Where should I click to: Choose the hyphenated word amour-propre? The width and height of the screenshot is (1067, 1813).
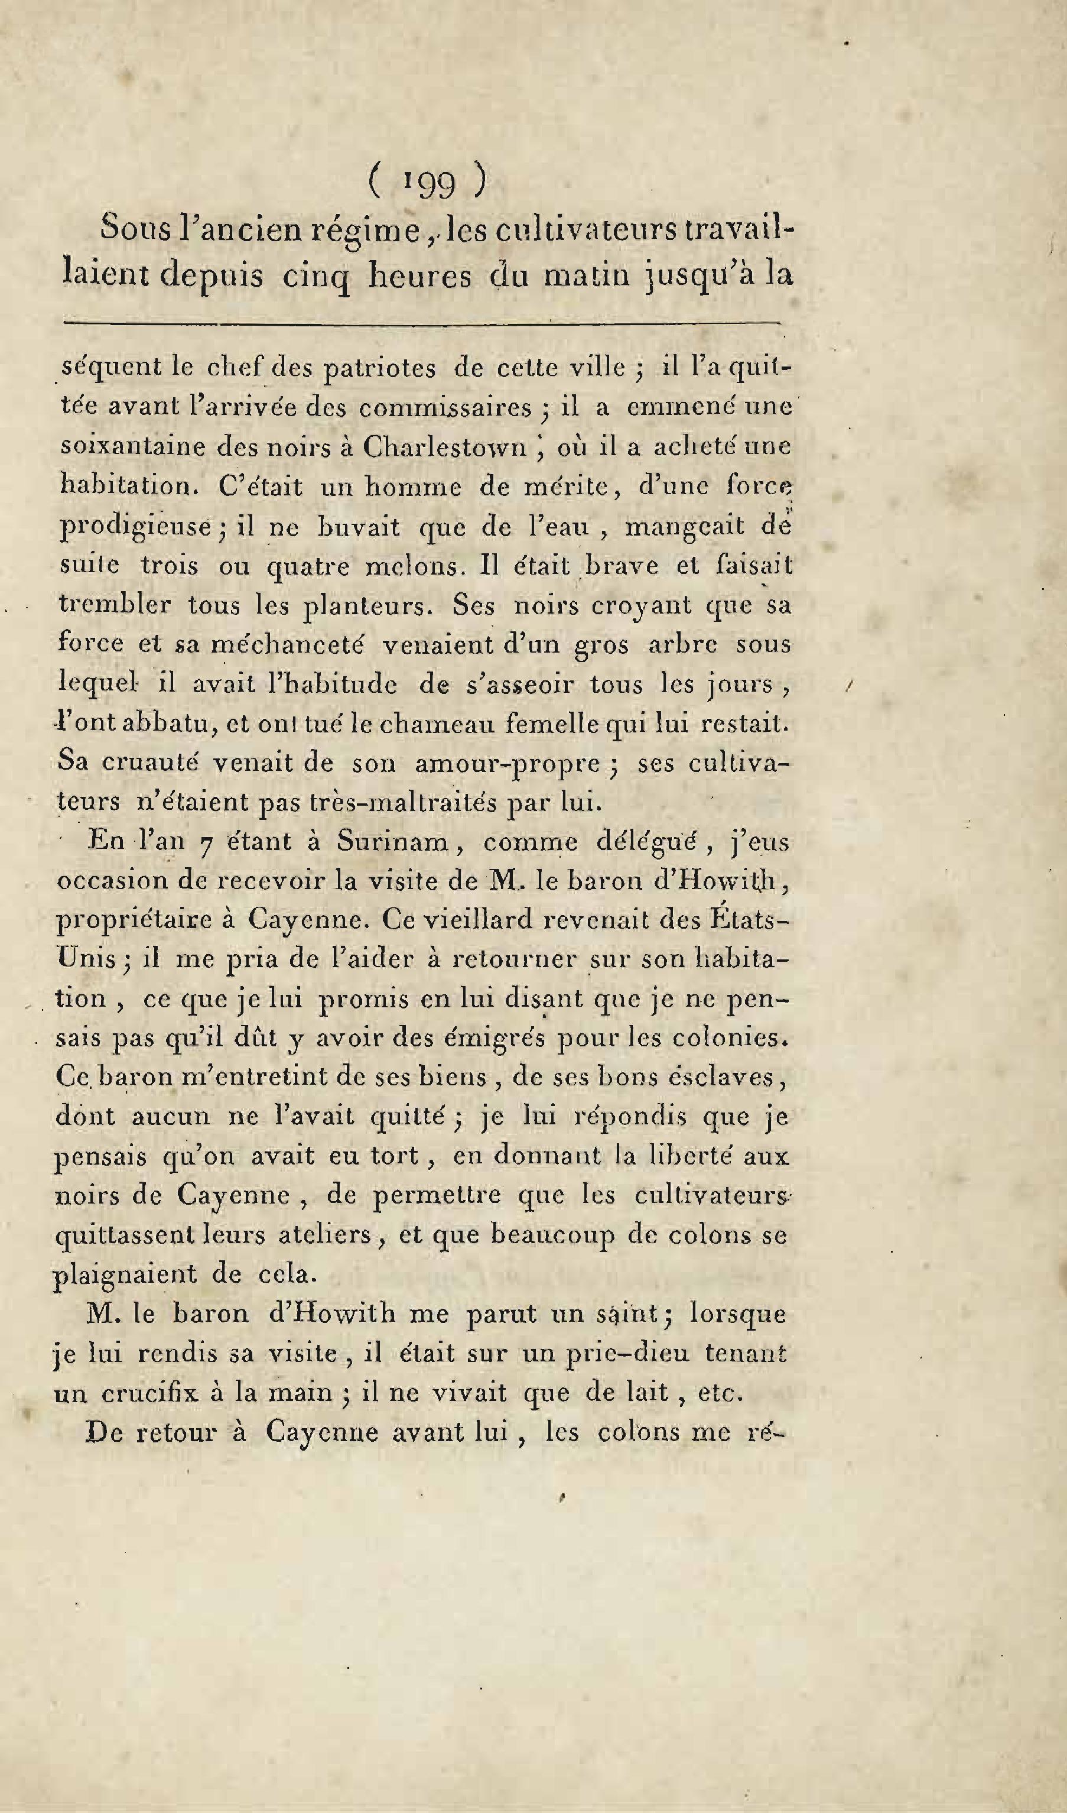(507, 763)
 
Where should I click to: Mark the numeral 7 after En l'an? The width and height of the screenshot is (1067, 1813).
(205, 843)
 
